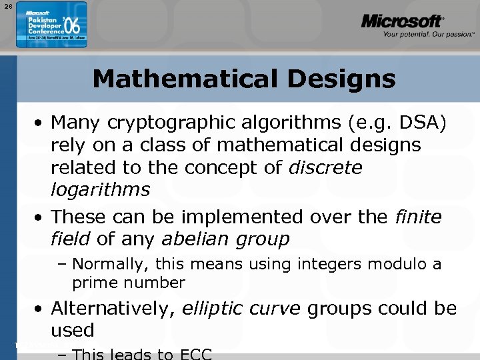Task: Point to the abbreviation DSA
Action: point(428,123)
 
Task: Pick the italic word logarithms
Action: point(100,189)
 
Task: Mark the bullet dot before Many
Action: point(41,123)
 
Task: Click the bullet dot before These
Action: point(41,217)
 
